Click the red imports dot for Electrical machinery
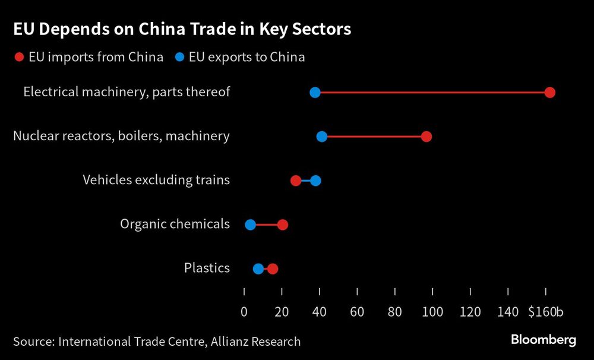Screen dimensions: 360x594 click(549, 93)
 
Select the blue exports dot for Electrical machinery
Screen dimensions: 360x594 click(315, 93)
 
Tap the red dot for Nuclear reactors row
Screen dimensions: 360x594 click(426, 137)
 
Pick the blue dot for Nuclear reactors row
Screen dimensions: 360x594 click(322, 137)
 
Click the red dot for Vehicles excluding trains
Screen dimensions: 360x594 click(296, 181)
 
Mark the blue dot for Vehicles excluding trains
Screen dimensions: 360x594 click(315, 181)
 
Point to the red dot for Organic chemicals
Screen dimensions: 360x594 click(283, 225)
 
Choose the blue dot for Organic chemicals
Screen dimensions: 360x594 click(250, 225)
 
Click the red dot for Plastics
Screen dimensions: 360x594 click(273, 269)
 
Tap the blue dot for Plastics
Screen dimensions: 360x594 click(258, 269)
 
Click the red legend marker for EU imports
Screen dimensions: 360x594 click(19, 58)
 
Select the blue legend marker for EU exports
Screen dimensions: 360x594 click(179, 58)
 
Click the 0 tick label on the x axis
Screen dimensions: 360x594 click(244, 311)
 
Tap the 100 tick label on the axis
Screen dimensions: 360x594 click(432, 311)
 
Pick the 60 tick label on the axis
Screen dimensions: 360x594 click(357, 311)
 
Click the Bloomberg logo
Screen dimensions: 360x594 click(543, 340)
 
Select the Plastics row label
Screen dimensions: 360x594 click(207, 268)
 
